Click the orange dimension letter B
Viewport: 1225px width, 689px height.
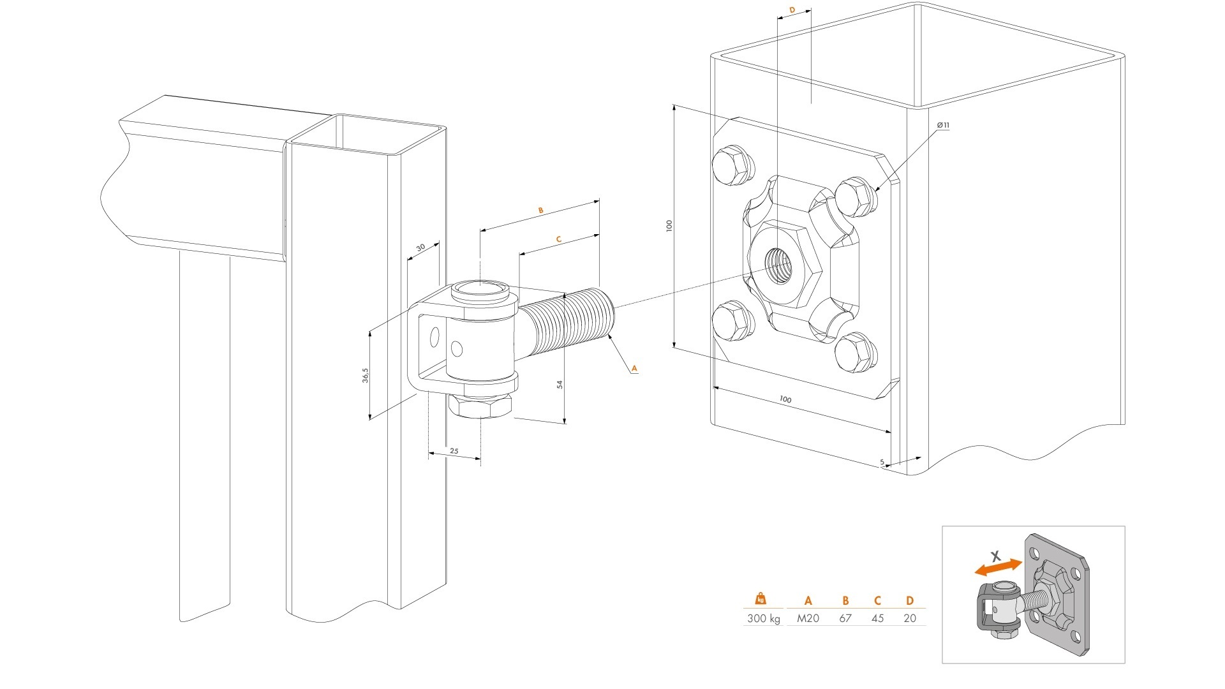[540, 210]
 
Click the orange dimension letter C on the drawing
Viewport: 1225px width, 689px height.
[559, 239]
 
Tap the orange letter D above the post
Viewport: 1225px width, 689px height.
[792, 10]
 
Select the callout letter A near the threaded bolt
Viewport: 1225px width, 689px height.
[634, 367]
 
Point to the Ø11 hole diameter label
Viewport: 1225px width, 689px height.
[943, 125]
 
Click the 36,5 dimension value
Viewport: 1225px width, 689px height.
[365, 374]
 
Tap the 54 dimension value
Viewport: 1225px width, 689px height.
[560, 384]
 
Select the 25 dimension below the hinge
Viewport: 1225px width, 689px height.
[454, 450]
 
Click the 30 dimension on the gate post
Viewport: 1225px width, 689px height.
[420, 247]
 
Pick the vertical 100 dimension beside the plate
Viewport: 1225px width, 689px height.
[669, 225]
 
